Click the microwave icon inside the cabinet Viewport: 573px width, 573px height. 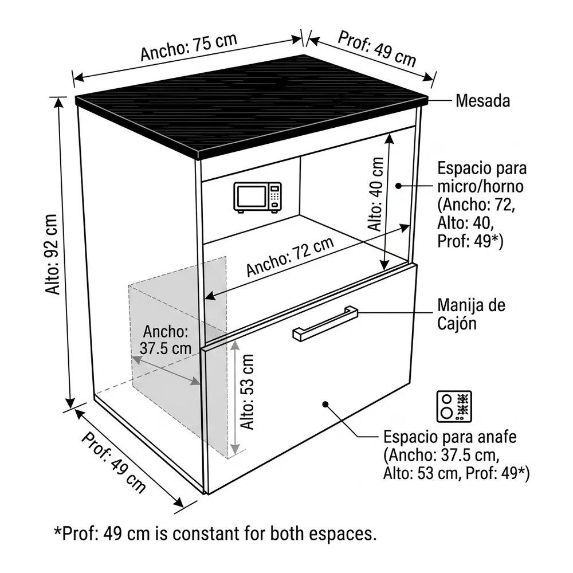(x=258, y=197)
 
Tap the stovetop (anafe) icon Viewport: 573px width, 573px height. (x=454, y=406)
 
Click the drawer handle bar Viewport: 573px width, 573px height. (x=325, y=324)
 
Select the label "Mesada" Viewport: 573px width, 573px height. (x=482, y=101)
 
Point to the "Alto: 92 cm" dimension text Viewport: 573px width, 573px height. (x=52, y=254)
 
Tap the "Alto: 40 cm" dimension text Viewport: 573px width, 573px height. (x=376, y=194)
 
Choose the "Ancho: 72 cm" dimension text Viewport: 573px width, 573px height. (x=290, y=257)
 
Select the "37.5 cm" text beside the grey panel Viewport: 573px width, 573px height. (x=166, y=348)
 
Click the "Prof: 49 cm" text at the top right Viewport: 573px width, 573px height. (x=377, y=49)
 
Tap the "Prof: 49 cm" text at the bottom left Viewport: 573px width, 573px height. (x=113, y=462)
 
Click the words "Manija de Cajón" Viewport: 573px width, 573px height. (x=472, y=314)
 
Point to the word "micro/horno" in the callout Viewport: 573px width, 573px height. (x=481, y=186)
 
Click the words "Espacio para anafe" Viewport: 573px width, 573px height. (x=450, y=437)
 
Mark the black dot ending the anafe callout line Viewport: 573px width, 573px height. (x=325, y=404)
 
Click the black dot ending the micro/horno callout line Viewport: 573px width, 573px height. (x=399, y=186)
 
